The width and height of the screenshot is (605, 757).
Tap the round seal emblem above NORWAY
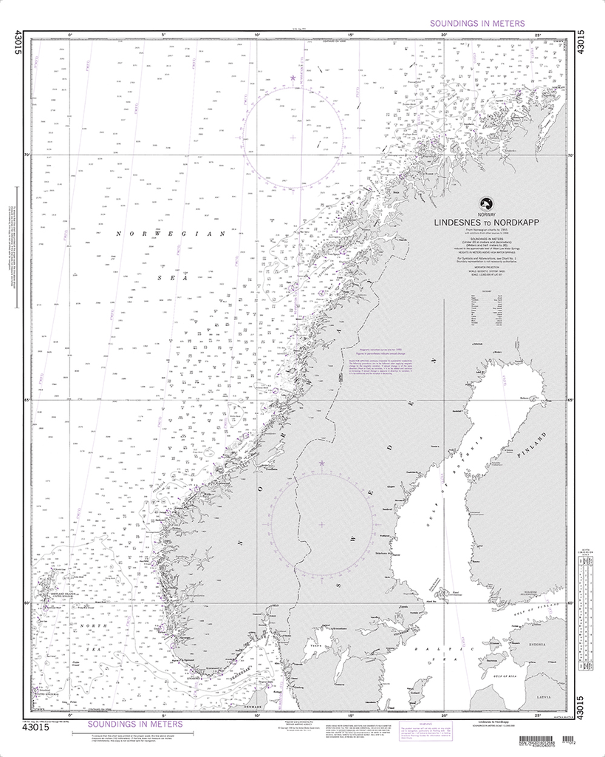[x=486, y=203]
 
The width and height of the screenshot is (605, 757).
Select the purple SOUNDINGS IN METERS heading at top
[x=477, y=24]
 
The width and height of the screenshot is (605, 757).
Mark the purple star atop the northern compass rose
[x=293, y=78]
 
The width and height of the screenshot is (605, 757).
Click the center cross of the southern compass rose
[x=321, y=524]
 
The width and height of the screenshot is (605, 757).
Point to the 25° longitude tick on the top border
[x=539, y=34]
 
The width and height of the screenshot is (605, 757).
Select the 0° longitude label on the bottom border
[x=69, y=715]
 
